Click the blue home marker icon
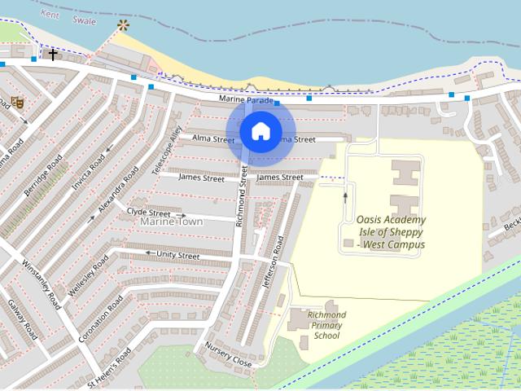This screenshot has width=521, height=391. pos(260,131)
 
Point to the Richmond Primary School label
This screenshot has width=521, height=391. pos(327,325)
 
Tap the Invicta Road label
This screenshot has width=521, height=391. pos(88,174)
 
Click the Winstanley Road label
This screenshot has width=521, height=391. pos(42,284)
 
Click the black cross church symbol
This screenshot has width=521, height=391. pos(53,55)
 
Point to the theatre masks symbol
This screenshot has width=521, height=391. pos(17,103)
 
